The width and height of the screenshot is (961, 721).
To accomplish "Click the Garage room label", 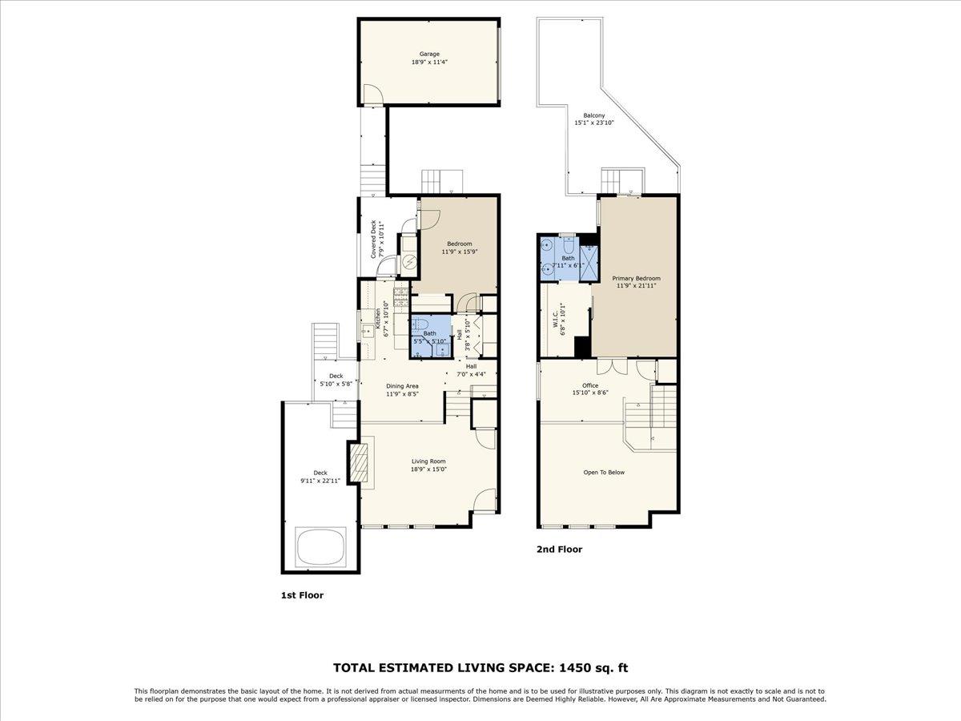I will coord(429,54).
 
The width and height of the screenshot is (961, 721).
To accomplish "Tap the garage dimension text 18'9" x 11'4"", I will coord(429,62).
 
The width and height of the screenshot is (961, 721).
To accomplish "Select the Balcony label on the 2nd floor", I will coord(583,115).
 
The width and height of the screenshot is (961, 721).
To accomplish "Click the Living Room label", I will coord(428,461).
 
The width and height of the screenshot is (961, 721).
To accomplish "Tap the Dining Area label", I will coord(402,386).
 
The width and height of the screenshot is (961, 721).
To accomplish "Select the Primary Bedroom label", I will coord(637,278).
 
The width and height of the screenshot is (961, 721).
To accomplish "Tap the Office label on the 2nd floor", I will coord(590,385).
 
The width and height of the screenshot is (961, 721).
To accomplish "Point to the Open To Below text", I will coord(604,473).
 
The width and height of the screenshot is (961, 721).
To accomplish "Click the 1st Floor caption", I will coord(302,595).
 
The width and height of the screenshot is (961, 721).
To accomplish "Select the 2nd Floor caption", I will coord(559,550).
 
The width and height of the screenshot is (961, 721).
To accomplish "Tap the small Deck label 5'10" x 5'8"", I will coord(336,376).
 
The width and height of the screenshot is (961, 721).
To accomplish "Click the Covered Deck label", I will coord(374,238).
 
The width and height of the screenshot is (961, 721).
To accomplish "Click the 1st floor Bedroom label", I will coord(459,244).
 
